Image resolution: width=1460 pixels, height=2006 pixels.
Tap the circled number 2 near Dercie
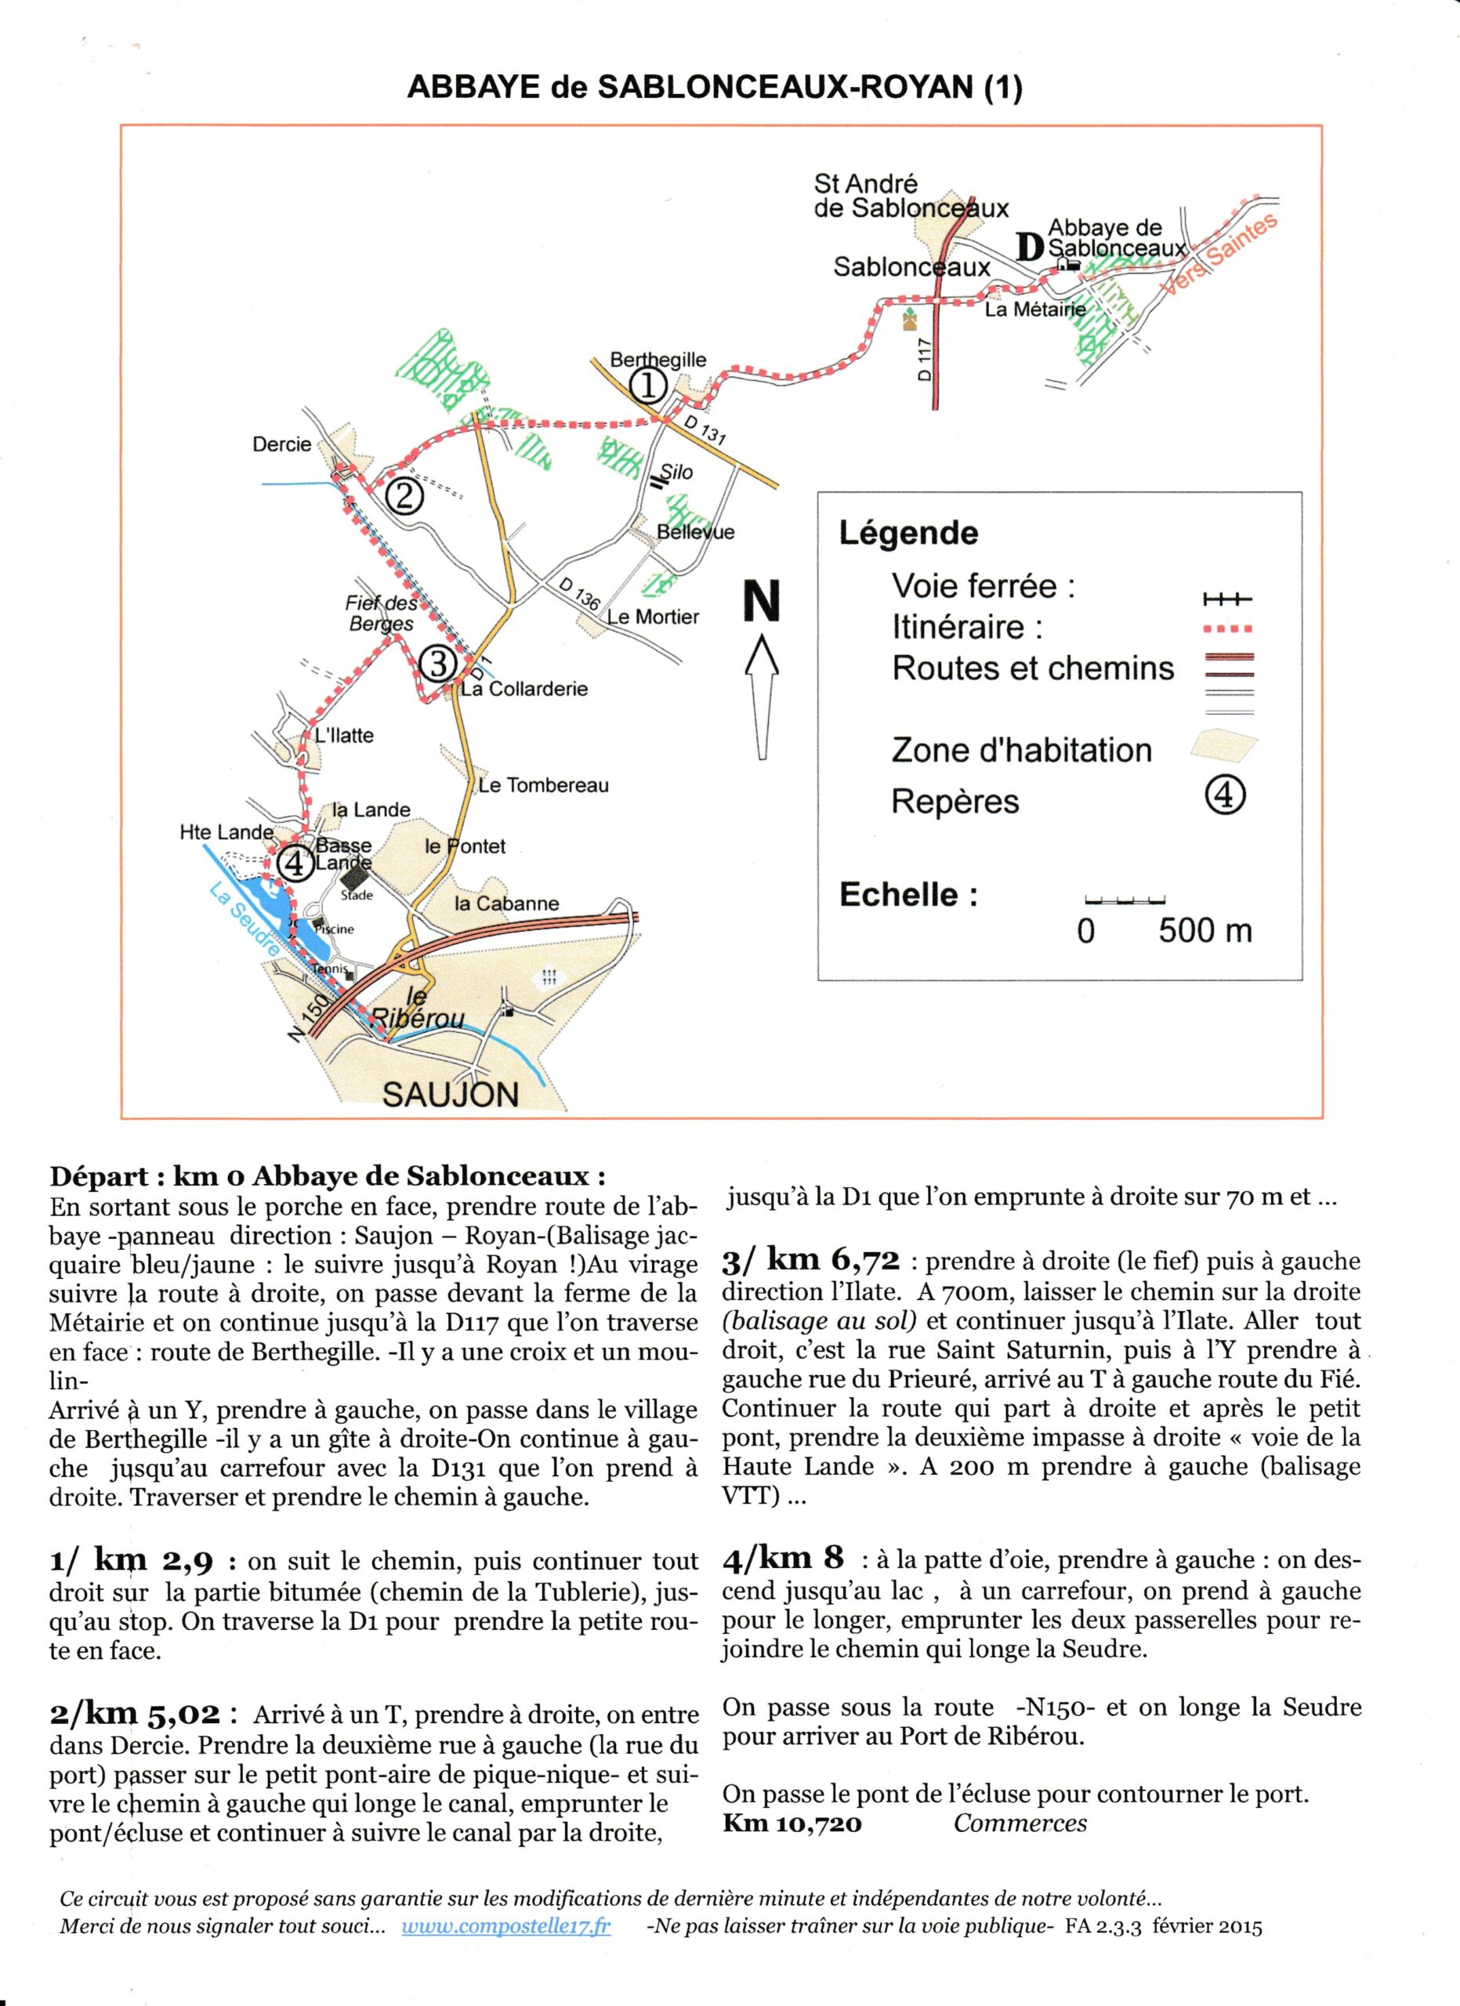click(404, 496)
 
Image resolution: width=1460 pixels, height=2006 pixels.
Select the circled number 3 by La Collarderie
click(438, 664)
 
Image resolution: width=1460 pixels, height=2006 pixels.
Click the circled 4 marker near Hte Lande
click(295, 863)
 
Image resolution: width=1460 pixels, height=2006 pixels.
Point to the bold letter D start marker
click(1027, 247)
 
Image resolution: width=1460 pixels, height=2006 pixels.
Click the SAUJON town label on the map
click(450, 1095)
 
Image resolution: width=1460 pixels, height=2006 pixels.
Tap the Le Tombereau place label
click(543, 785)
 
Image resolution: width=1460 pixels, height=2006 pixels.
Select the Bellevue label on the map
click(695, 531)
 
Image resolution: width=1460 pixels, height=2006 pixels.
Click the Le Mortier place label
click(653, 617)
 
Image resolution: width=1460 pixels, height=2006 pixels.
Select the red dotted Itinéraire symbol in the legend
click(1227, 629)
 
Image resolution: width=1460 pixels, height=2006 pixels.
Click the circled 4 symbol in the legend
click(1226, 798)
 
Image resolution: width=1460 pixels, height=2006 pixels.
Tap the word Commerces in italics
click(1020, 1823)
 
